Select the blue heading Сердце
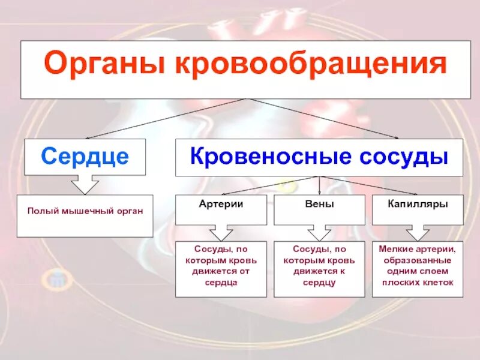point(85,157)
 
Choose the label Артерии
point(221,204)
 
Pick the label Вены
point(319,204)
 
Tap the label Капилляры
point(418,204)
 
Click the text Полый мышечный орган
point(85,211)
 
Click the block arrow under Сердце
point(85,184)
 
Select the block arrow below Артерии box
point(221,233)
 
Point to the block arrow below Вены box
point(319,233)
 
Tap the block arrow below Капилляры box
point(418,233)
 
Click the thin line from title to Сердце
point(168,118)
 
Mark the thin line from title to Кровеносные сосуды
point(324,118)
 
